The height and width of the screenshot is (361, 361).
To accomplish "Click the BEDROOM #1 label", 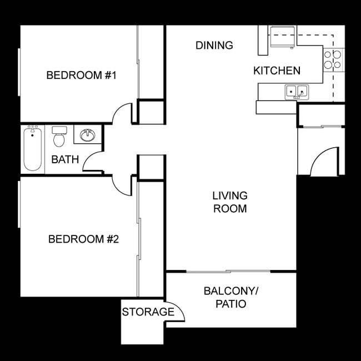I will (x=81, y=75).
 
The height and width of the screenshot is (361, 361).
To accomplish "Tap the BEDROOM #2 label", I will (x=84, y=239).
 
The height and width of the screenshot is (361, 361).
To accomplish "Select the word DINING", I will (x=214, y=46).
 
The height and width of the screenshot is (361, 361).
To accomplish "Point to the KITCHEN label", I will (x=277, y=71).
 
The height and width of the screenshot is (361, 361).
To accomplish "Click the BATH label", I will (x=65, y=160).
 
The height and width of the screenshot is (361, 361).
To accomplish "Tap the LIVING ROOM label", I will (x=230, y=202).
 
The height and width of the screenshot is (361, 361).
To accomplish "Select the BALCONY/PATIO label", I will (x=231, y=297).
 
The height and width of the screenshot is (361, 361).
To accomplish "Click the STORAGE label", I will (x=148, y=312).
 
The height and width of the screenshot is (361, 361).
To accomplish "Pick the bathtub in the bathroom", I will (x=33, y=149).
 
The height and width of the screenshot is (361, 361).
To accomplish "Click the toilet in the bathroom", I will (x=59, y=137).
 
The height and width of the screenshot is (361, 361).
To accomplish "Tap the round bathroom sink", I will (x=87, y=135).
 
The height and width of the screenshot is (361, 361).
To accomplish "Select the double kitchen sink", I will (x=297, y=92).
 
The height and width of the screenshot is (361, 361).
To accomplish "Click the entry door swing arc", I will (x=324, y=162).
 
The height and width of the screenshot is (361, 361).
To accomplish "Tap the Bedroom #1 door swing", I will (x=123, y=114).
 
